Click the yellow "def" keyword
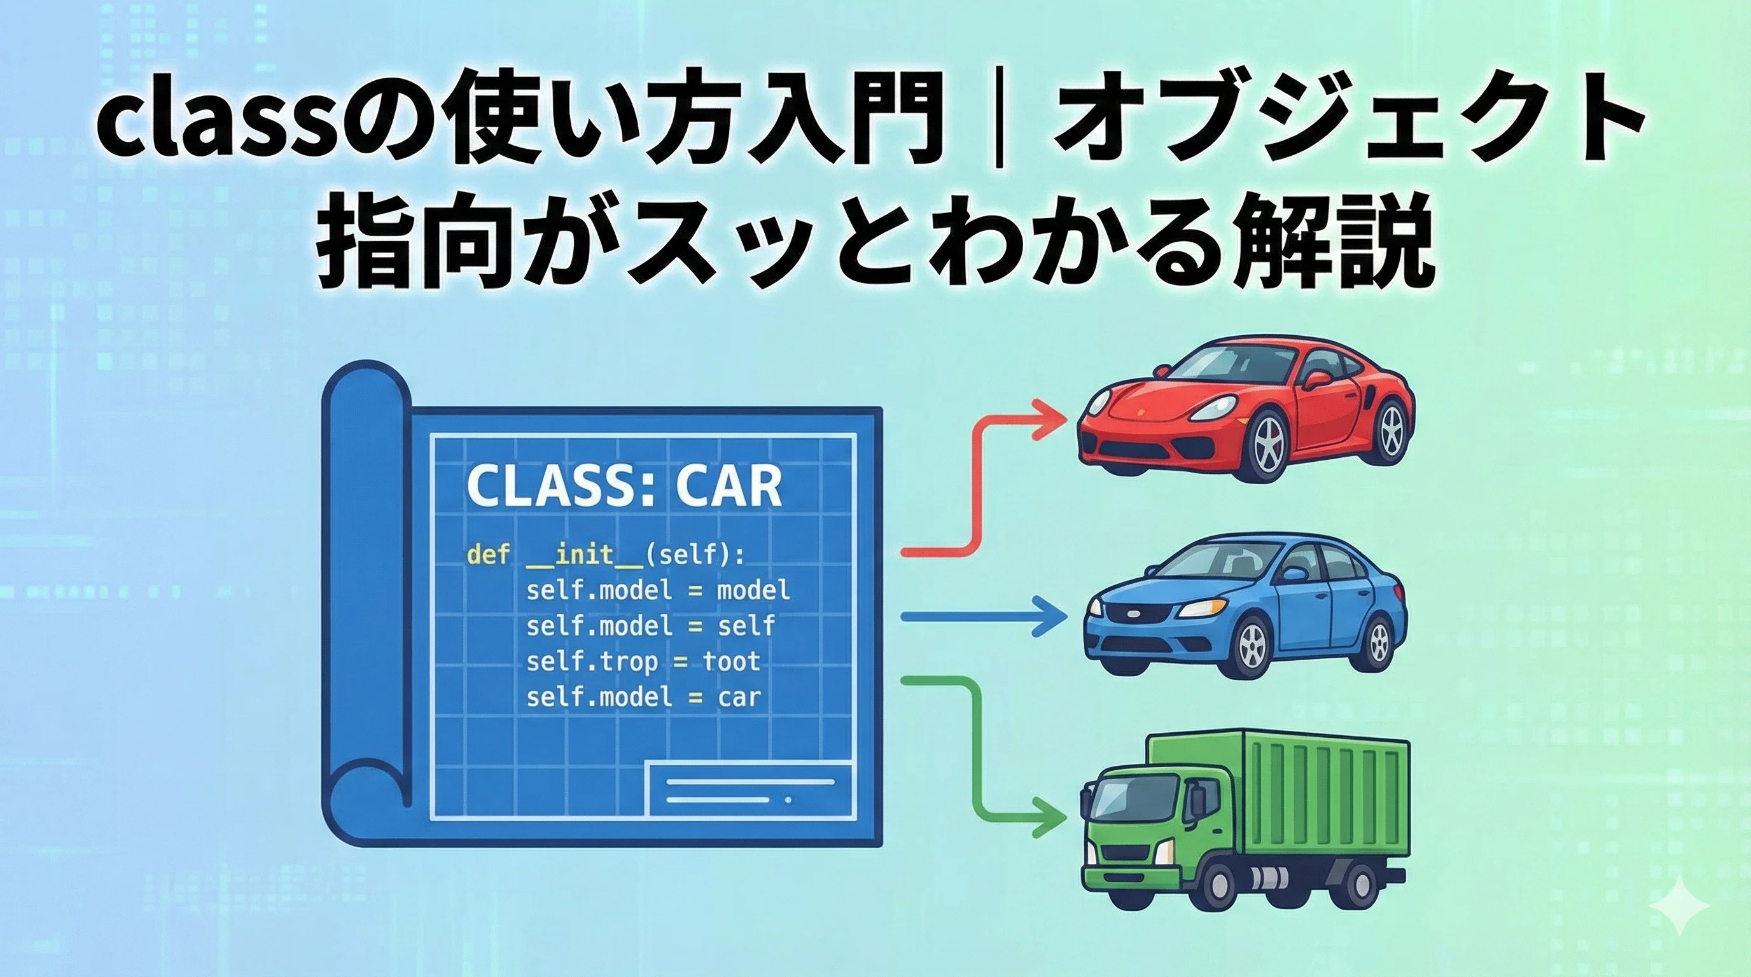tap(488, 554)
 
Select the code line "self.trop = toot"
tap(643, 662)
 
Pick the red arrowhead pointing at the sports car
tap(1047, 419)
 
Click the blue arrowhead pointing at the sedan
tap(1047, 616)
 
